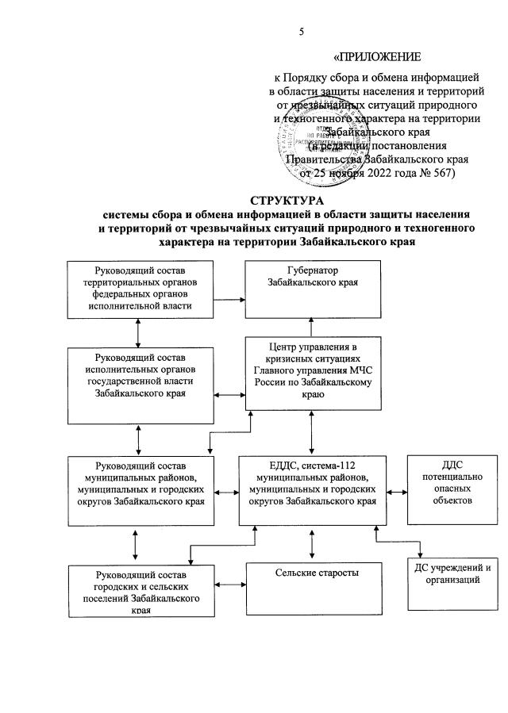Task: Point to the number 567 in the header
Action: (x=440, y=171)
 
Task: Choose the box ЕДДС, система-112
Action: (x=311, y=489)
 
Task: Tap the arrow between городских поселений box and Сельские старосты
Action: (x=231, y=585)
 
